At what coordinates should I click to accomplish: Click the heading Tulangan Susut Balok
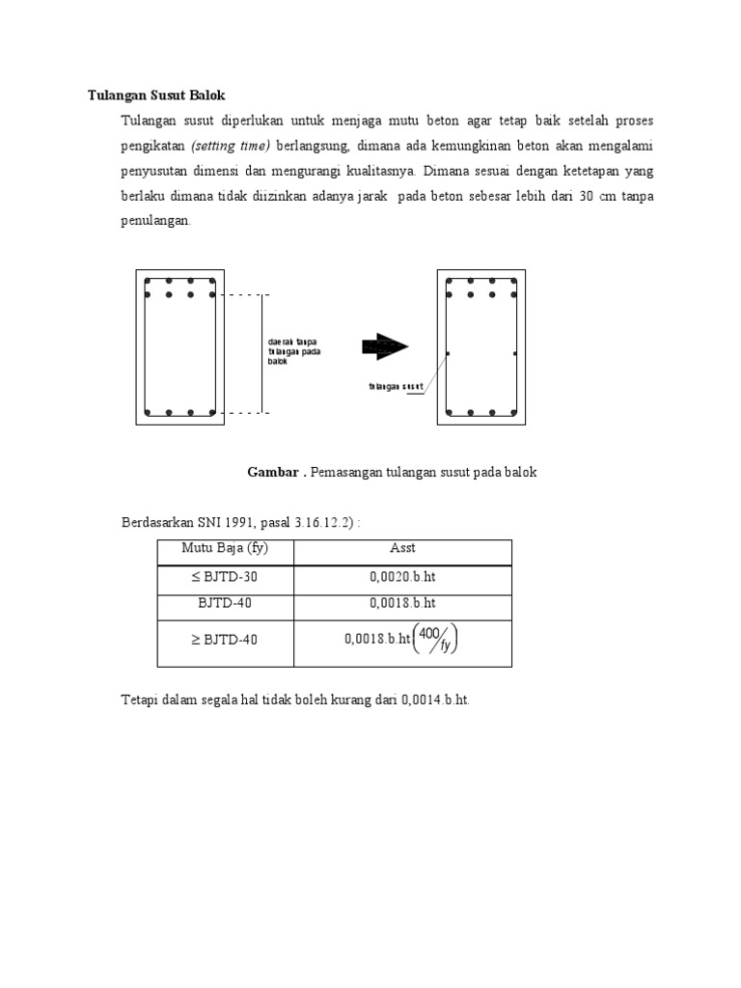(156, 95)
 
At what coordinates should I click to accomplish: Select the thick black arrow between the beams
(384, 346)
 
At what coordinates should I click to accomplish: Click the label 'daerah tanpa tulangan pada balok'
(294, 351)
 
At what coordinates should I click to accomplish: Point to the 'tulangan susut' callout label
(396, 387)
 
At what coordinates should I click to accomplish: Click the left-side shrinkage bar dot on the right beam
(449, 354)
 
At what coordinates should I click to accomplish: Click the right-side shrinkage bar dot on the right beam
(515, 354)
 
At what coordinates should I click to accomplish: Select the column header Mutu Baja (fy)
(225, 548)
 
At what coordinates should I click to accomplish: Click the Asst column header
(402, 548)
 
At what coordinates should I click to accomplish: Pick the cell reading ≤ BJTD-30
(225, 577)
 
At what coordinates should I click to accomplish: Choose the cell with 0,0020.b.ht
(402, 577)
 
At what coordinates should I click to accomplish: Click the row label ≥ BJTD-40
(225, 639)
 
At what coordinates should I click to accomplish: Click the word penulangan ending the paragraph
(155, 221)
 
